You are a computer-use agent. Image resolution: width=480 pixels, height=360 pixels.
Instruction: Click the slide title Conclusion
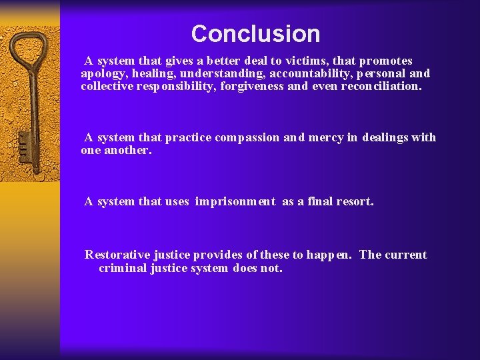[255, 33]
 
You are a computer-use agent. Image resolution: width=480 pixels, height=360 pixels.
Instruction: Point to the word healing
[153, 73]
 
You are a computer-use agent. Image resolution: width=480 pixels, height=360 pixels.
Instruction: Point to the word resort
[354, 201]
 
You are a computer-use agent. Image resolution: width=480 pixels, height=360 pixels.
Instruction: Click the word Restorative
[117, 255]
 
